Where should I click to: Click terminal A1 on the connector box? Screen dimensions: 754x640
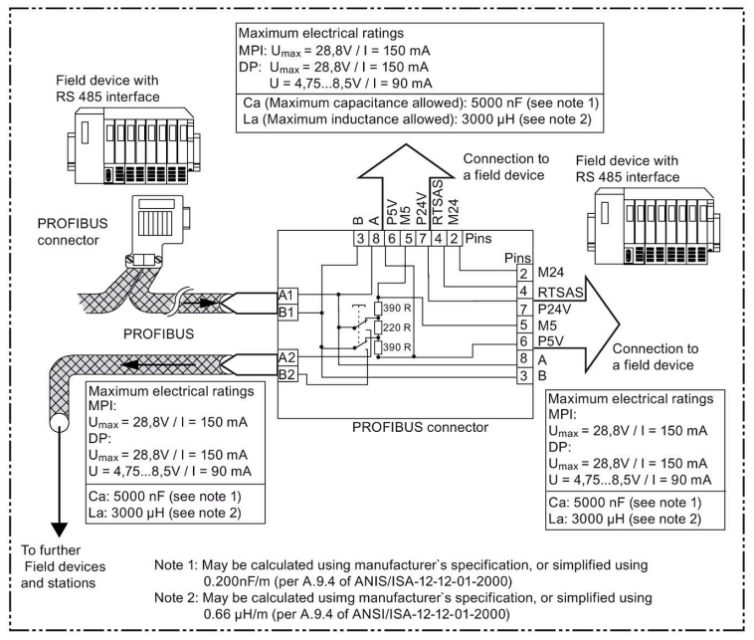pyautogui.click(x=287, y=295)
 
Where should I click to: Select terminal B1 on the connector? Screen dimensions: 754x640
pyautogui.click(x=287, y=312)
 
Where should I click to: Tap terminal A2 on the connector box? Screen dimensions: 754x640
pyautogui.click(x=287, y=357)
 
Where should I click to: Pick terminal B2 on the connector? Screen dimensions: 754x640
pyautogui.click(x=287, y=374)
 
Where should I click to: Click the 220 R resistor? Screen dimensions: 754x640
pyautogui.click(x=378, y=327)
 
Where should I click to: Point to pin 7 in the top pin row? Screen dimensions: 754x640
pyautogui.click(x=423, y=239)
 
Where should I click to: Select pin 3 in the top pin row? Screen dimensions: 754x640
pyautogui.click(x=361, y=239)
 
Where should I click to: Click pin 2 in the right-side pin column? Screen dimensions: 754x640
pyautogui.click(x=524, y=273)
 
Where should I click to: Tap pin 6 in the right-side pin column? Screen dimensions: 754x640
pyautogui.click(x=524, y=341)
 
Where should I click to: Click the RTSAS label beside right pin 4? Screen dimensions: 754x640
pyautogui.click(x=560, y=292)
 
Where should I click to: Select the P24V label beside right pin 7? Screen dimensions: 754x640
pyautogui.click(x=554, y=309)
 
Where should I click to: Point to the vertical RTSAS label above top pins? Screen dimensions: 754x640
pyautogui.click(x=438, y=202)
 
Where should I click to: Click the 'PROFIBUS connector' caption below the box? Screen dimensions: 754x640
pyautogui.click(x=421, y=427)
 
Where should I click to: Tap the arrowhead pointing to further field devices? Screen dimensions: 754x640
pyautogui.click(x=59, y=530)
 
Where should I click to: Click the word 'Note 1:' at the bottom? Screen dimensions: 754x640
pyautogui.click(x=176, y=565)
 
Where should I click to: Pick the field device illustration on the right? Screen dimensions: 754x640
pyautogui.click(x=654, y=226)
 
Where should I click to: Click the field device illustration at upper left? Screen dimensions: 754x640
pyautogui.click(x=133, y=145)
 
